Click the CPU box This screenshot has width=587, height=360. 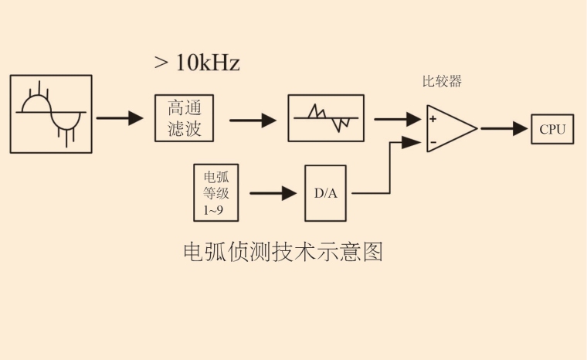[552, 129]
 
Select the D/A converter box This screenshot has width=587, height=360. [325, 193]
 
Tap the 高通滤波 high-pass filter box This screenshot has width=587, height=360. [184, 118]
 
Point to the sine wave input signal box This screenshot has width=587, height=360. [51, 114]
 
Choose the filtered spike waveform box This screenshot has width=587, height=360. [325, 118]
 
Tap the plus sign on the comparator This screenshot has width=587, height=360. [433, 119]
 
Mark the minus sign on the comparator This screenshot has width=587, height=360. [433, 141]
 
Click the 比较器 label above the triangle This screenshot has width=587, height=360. [443, 82]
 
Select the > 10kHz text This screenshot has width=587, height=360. [197, 63]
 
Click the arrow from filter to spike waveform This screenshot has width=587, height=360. [253, 120]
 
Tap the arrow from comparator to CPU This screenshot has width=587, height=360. [504, 129]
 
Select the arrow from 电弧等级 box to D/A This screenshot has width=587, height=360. [273, 193]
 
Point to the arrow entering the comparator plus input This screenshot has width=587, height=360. [398, 119]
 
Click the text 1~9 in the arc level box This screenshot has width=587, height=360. [214, 210]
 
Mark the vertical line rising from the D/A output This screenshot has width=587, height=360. [389, 168]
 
